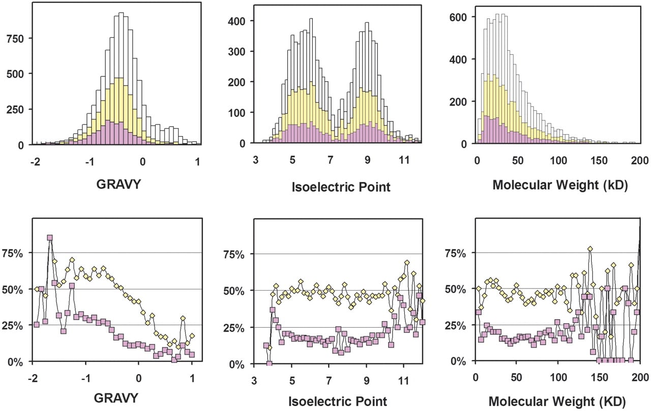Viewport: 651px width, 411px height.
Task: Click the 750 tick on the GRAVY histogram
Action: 15,39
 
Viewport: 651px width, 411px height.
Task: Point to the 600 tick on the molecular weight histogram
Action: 458,17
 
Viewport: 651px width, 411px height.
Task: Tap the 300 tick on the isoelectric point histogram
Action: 237,52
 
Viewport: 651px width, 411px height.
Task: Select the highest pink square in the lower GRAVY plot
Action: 50,237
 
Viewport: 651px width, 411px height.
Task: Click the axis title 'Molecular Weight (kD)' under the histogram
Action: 560,185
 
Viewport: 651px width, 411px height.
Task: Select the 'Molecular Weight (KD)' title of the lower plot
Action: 557,401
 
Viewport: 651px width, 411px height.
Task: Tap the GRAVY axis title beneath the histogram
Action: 119,184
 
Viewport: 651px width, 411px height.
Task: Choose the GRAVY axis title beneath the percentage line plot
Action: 116,398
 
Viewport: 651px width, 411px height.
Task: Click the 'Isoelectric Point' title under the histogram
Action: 341,187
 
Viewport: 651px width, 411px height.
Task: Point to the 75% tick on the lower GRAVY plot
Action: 12,254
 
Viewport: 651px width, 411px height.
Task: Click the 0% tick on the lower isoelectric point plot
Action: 237,365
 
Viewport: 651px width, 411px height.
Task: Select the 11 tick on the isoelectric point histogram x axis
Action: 404,160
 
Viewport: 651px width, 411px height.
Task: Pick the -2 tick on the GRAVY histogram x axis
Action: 35,162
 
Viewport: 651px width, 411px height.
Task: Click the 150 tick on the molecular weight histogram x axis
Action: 599,160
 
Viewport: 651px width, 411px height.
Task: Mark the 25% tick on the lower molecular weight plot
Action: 455,326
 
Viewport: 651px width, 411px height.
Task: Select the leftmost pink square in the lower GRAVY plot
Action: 36,325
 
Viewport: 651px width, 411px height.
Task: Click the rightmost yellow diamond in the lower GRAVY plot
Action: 192,336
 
